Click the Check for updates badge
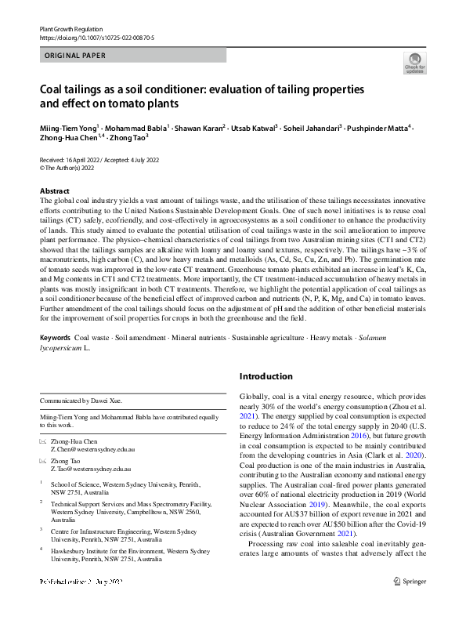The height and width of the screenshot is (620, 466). click(415, 63)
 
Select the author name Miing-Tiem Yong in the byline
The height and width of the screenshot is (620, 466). click(67, 128)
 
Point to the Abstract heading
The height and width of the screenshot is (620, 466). click(56, 191)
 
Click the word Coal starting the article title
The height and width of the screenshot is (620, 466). click(52, 89)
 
